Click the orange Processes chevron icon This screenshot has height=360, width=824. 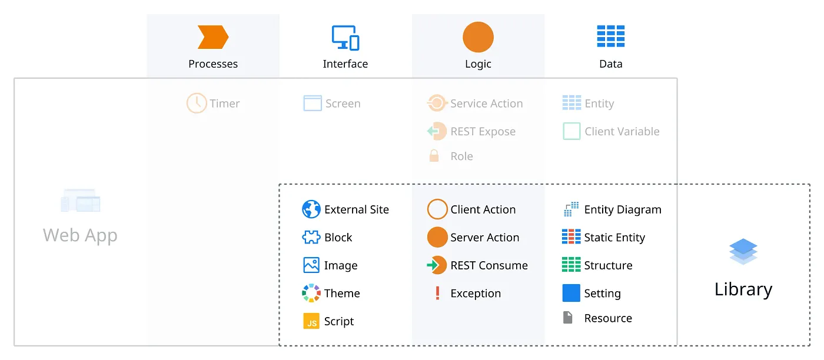coord(213,37)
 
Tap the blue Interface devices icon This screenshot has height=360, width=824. coord(345,38)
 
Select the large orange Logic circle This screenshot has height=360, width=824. coord(478,37)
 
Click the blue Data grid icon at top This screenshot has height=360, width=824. coord(611,36)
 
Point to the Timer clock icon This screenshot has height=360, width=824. coord(197,103)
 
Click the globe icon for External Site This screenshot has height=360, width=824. coord(311,209)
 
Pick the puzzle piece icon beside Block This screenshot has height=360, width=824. coord(311,237)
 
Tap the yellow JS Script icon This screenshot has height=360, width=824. coord(311,321)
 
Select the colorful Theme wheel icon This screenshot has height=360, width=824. coord(311,293)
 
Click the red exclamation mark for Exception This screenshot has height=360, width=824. coord(437,293)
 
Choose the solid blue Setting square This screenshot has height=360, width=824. coord(572,293)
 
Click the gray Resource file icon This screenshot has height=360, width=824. coord(567,317)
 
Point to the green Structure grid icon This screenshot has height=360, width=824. coord(572,264)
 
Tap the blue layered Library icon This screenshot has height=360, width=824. coord(743,251)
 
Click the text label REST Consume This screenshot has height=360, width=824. coord(489,265)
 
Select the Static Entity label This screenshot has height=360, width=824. coord(614,238)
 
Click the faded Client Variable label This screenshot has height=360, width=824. coord(622,131)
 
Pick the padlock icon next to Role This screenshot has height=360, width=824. coord(434,155)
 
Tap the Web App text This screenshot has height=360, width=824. coord(80,235)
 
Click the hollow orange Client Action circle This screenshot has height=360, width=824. coord(437,199)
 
